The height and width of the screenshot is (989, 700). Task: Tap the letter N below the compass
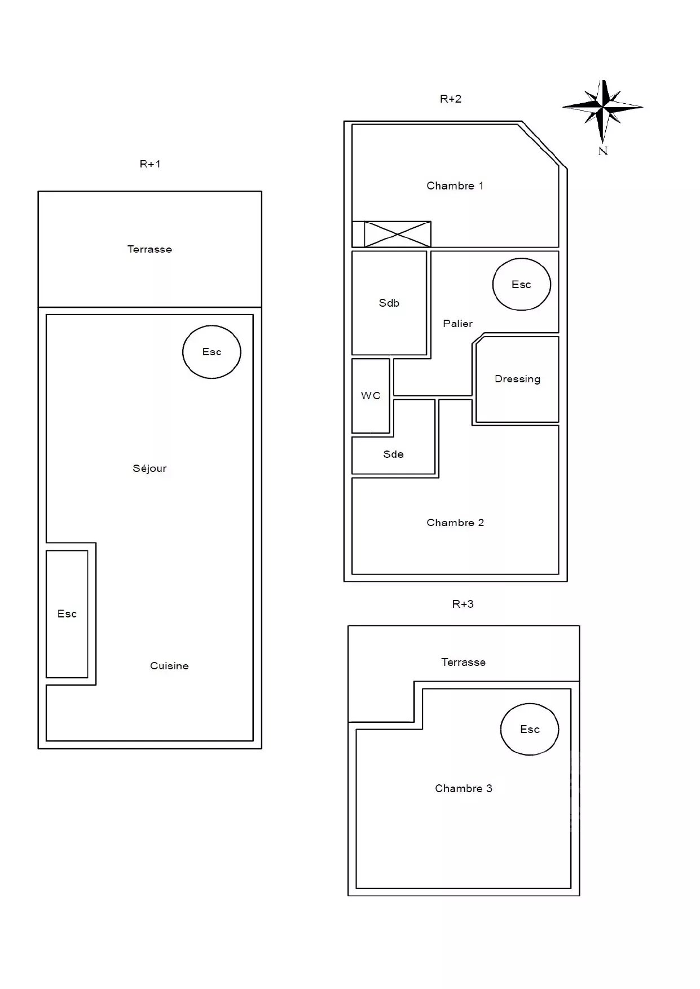[x=603, y=151]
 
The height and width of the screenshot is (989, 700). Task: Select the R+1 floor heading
[x=150, y=164]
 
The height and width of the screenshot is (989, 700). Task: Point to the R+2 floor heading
[x=451, y=99]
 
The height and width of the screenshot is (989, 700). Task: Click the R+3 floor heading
[x=463, y=604]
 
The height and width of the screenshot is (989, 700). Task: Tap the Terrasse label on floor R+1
[x=149, y=249]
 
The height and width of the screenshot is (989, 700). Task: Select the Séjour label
[x=149, y=469]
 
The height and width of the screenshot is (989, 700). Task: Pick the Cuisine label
[x=169, y=666]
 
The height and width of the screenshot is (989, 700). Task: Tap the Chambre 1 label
[x=455, y=186]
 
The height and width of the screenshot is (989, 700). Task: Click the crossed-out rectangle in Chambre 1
[x=398, y=234]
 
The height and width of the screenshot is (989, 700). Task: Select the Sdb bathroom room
[x=389, y=303]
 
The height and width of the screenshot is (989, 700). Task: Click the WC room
[x=371, y=396]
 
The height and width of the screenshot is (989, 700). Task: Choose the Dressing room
[x=517, y=379]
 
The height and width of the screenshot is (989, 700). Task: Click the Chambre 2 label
[x=455, y=523]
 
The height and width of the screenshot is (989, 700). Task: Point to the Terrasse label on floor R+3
[x=463, y=663]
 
